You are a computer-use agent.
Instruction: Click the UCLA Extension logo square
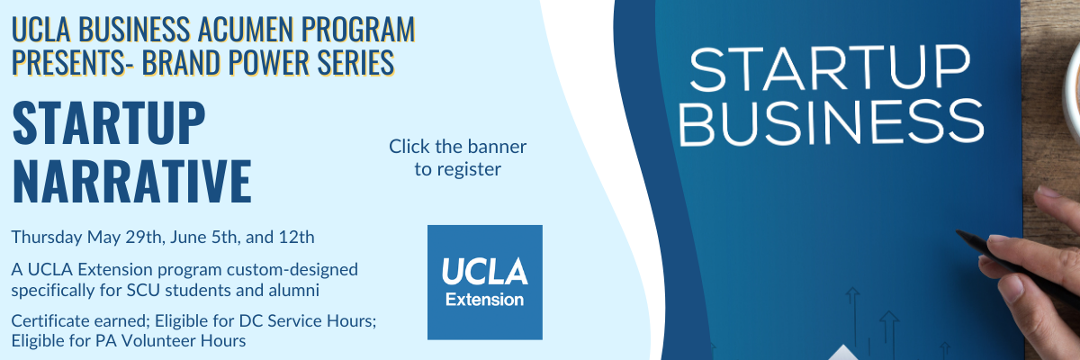(484, 283)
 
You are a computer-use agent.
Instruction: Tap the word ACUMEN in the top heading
(245, 30)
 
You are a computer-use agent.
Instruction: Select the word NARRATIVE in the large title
(131, 181)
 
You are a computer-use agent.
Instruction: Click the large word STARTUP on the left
(109, 123)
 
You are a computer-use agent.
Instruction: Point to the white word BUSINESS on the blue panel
(832, 121)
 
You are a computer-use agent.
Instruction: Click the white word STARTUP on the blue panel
(830, 68)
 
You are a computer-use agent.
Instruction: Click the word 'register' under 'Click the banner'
(469, 169)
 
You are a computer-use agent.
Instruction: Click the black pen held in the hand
(1015, 268)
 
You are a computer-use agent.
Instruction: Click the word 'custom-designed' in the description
(292, 269)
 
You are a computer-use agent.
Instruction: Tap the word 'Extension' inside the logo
(484, 300)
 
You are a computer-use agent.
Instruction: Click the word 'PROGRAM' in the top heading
(358, 30)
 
